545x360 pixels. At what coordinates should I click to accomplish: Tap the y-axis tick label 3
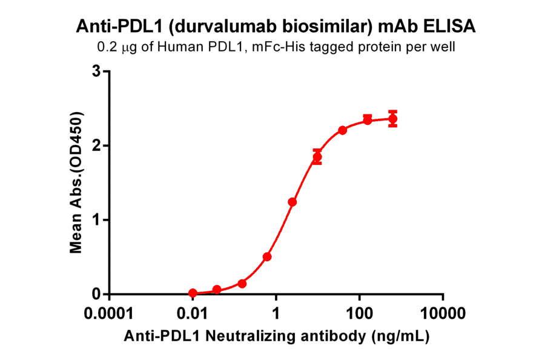click(x=96, y=72)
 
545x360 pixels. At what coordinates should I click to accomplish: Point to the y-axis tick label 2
click(x=96, y=145)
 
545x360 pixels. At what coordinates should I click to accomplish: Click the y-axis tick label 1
click(x=96, y=219)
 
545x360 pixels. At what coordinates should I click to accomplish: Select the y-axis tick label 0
click(x=96, y=294)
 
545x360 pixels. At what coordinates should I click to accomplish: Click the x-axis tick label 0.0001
click(x=109, y=314)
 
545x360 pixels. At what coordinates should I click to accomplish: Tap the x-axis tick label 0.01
click(x=193, y=314)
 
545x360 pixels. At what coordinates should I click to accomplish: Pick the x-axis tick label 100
click(x=360, y=314)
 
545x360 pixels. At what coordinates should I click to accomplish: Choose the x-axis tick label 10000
click(x=443, y=314)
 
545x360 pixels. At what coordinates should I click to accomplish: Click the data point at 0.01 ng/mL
click(x=193, y=293)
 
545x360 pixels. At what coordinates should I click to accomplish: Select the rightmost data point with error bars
click(x=392, y=119)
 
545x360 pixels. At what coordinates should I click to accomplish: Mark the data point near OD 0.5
click(x=267, y=257)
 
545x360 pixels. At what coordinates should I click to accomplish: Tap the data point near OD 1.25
click(x=292, y=202)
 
